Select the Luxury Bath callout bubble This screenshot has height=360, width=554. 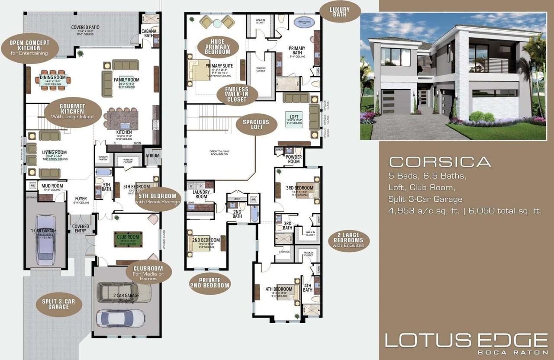[339, 12]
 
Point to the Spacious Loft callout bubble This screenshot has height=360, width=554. [255, 124]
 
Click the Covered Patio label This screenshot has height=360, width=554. [85, 27]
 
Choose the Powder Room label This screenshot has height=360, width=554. [293, 159]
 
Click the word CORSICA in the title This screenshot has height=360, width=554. [440, 162]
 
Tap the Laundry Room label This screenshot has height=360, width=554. [201, 194]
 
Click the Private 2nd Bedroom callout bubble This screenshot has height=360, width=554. [210, 283]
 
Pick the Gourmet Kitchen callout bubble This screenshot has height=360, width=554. [72, 111]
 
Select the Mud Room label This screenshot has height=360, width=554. [52, 186]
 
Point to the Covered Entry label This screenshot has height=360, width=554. [81, 228]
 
